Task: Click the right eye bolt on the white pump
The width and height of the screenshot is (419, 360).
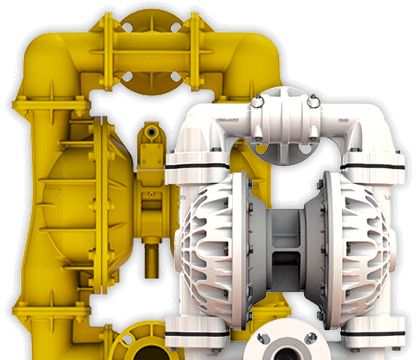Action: click(x=314, y=101)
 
